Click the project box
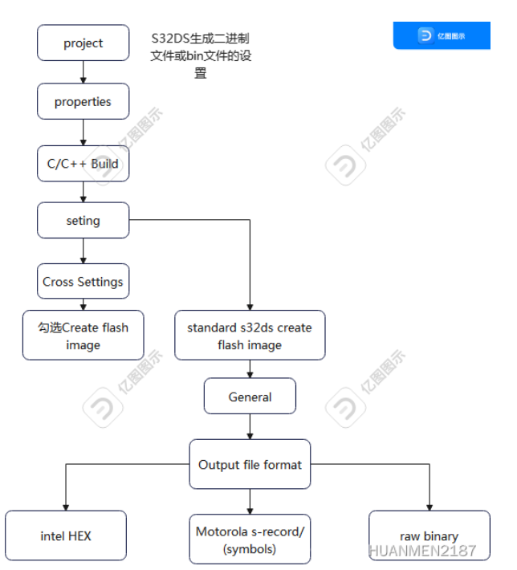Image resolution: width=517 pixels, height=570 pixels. point(83,43)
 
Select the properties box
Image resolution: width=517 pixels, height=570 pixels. point(83,102)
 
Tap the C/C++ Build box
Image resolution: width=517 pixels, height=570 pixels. point(83,164)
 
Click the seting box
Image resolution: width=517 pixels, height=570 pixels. point(83,220)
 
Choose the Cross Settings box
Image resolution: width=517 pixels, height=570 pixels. point(83,282)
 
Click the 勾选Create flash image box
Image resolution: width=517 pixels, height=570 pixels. point(83,336)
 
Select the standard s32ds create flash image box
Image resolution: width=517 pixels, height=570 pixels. point(250,336)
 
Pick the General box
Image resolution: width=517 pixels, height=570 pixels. point(250,397)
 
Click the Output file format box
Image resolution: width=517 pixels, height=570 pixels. point(250,464)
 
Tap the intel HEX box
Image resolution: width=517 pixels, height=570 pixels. point(66,535)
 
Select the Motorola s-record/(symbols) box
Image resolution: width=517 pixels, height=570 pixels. point(250,539)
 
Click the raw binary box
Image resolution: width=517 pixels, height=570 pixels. point(429,535)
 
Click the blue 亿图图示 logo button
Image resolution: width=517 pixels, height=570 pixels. point(442,35)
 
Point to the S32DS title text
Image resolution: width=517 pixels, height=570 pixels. point(201,55)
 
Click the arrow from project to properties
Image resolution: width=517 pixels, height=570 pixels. point(83,71)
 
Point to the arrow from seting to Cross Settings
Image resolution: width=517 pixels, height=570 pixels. point(83,250)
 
